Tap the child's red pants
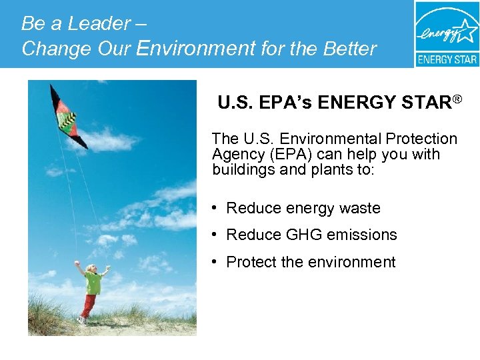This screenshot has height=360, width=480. coord(89,306)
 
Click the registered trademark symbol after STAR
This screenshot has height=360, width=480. coord(457,100)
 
